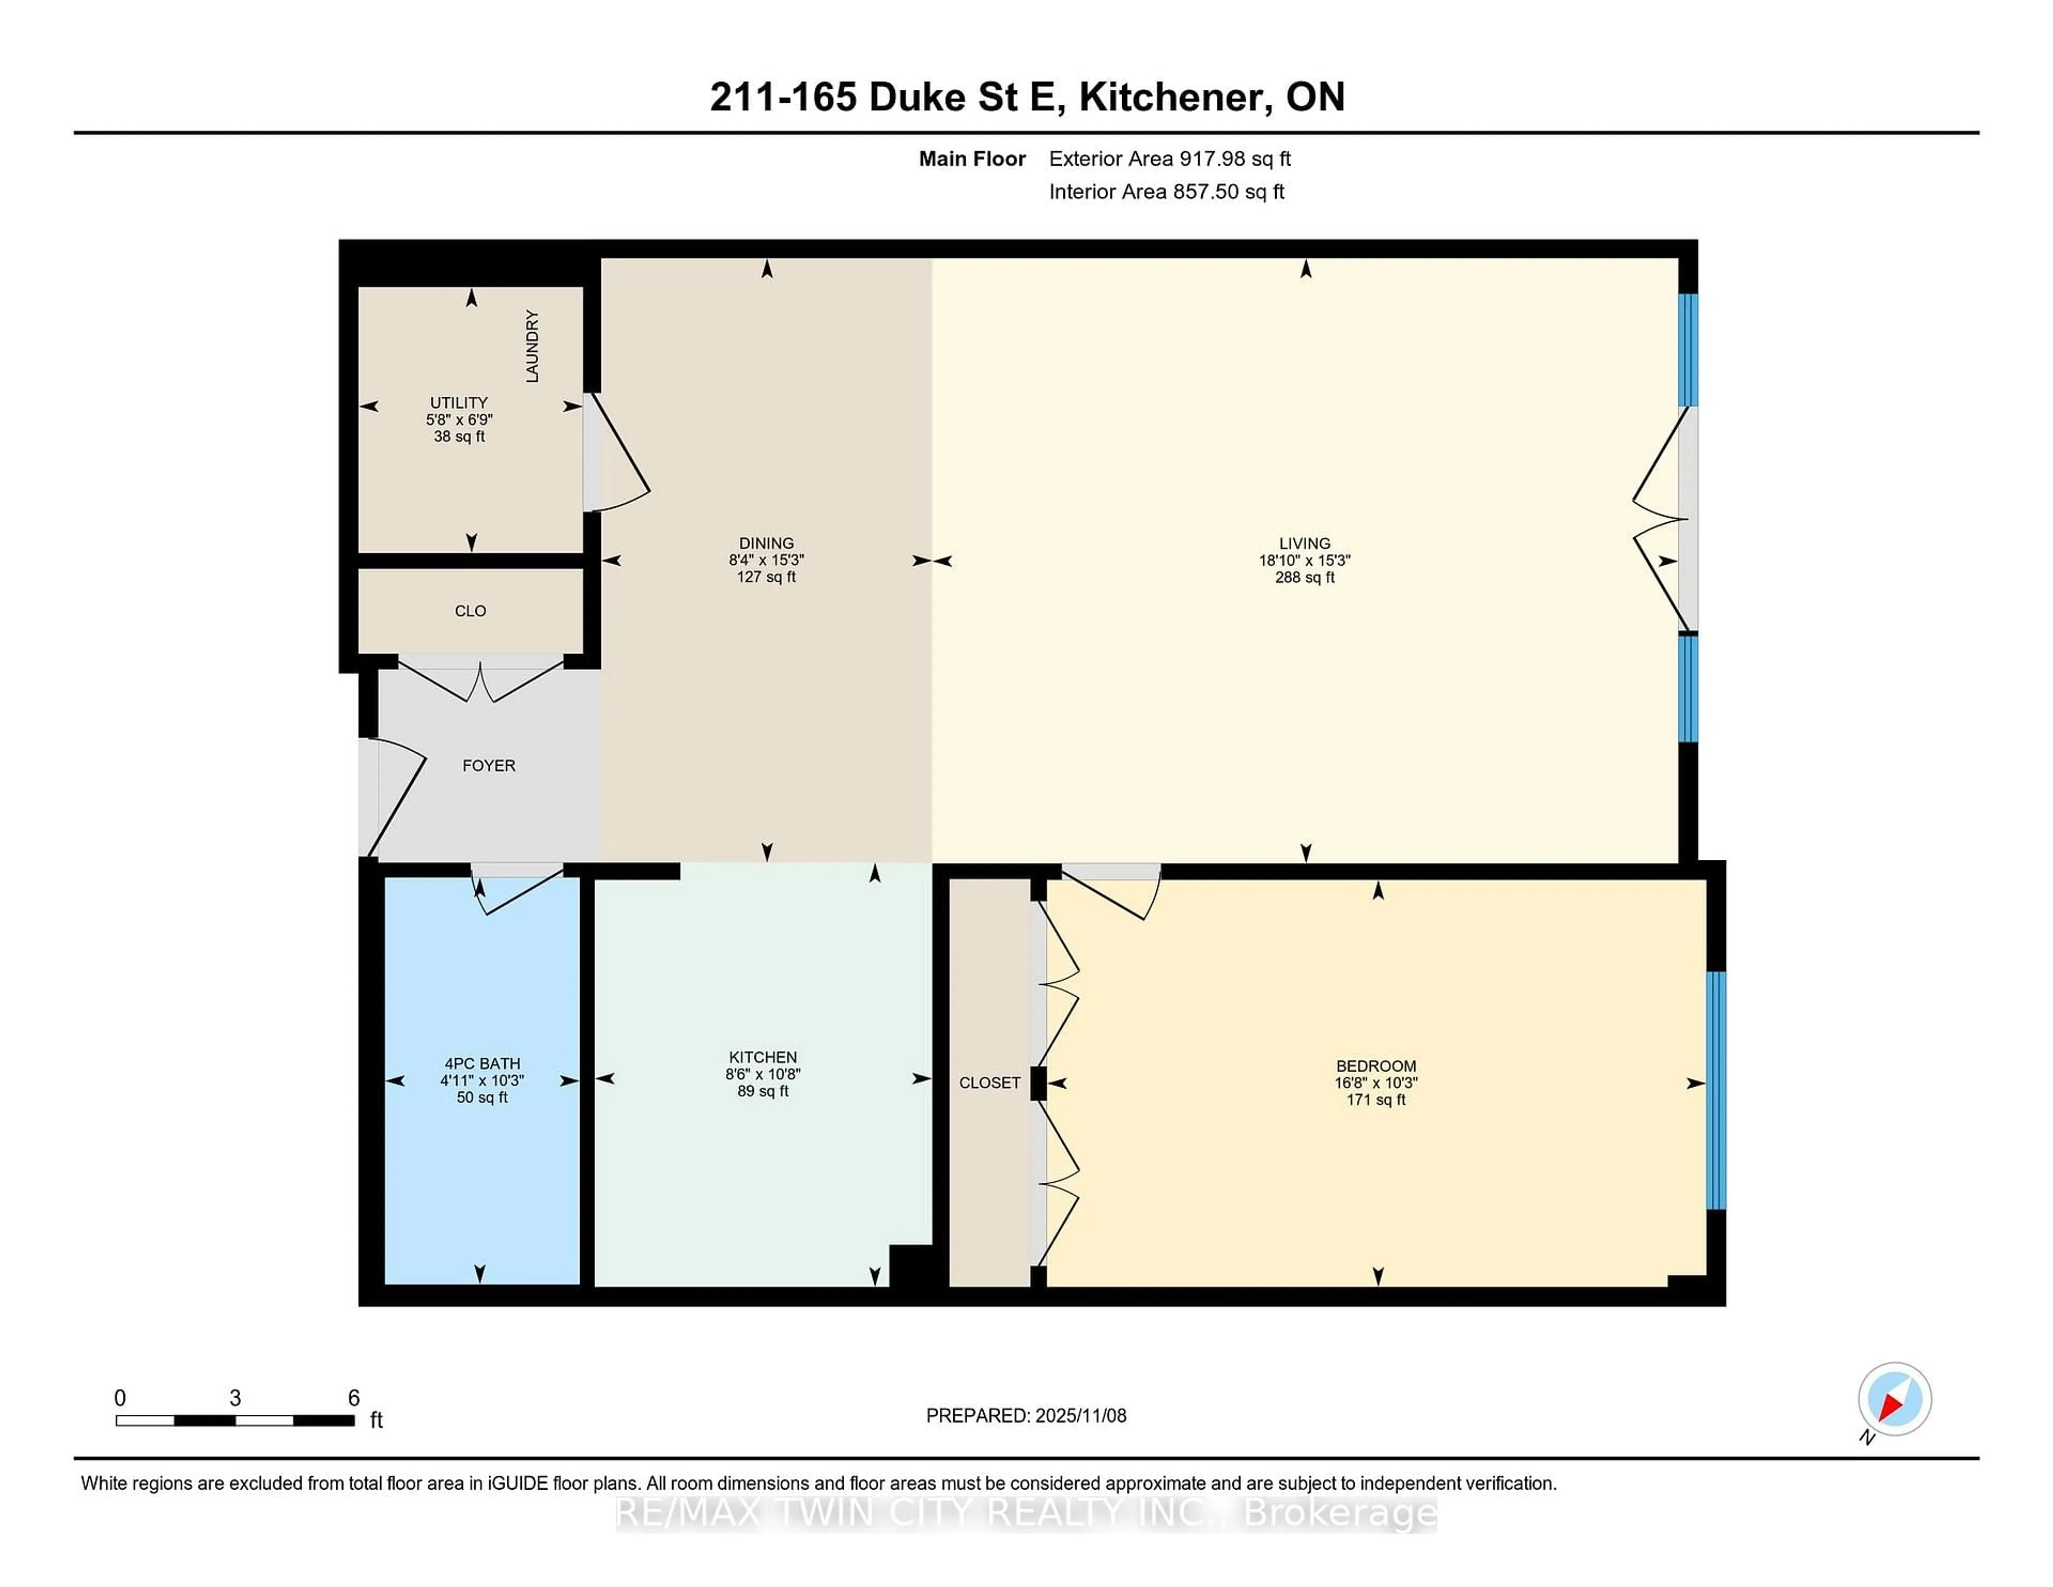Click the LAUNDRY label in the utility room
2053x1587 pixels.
(x=532, y=346)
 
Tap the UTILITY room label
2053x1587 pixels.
(x=459, y=403)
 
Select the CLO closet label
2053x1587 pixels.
(x=470, y=611)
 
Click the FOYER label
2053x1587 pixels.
(x=489, y=765)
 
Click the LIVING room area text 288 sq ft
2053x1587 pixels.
(x=1305, y=577)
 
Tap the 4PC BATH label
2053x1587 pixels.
(x=482, y=1064)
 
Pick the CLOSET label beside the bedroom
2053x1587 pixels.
(x=989, y=1083)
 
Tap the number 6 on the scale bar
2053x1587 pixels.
(x=353, y=1398)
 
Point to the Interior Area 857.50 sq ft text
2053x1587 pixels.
(x=1167, y=192)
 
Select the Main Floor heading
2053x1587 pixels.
(x=972, y=159)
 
